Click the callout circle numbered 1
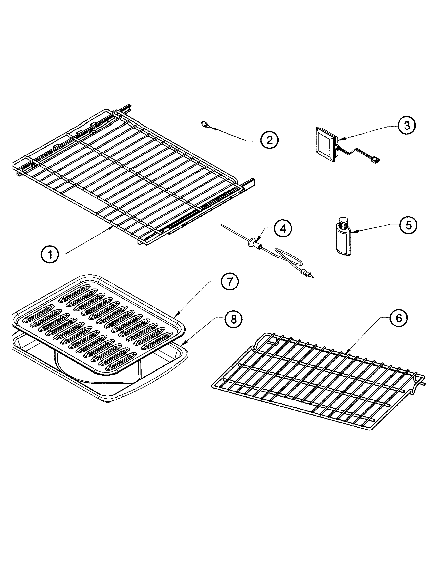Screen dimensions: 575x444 [x=50, y=254]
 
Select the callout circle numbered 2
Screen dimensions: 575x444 [x=269, y=140]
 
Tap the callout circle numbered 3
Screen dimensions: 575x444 [x=407, y=126]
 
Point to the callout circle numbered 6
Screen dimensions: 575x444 [x=399, y=318]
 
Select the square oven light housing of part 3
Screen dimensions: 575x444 [x=325, y=144]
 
